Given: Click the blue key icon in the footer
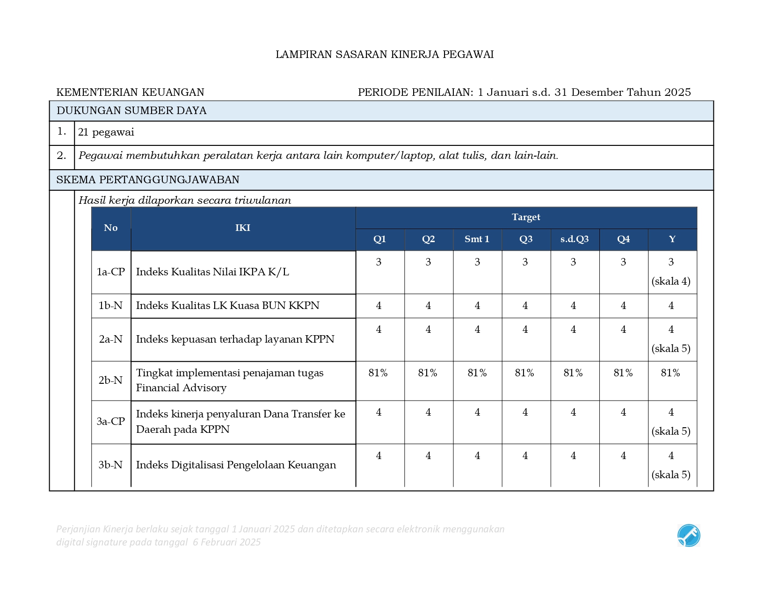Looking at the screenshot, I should [688, 536].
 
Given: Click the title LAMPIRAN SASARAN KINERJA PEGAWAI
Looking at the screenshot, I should [385, 55].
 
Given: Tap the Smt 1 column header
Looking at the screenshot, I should [477, 239].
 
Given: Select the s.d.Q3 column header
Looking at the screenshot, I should [575, 239].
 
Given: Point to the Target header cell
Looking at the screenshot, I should [526, 217].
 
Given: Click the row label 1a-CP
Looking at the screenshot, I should [111, 272].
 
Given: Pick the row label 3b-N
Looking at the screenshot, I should [110, 465].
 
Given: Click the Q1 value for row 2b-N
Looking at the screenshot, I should [378, 373].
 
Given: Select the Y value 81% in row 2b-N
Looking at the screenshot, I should [670, 373].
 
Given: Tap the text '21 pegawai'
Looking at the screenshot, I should [106, 132].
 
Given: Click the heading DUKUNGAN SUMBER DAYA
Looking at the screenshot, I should [131, 111].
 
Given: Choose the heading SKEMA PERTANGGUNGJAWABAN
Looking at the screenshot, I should [148, 180].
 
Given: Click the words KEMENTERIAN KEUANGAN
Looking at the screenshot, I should [130, 93].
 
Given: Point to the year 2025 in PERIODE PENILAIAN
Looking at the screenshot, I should [677, 93].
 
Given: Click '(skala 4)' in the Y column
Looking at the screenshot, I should [671, 281].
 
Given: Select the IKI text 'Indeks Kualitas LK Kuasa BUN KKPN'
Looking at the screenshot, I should [227, 306].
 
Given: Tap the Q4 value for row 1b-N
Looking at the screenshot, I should [623, 306].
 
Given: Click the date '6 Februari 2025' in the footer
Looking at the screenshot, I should [227, 542].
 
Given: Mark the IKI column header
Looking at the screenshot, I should [243, 228].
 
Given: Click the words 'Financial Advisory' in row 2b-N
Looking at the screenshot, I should [181, 388].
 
